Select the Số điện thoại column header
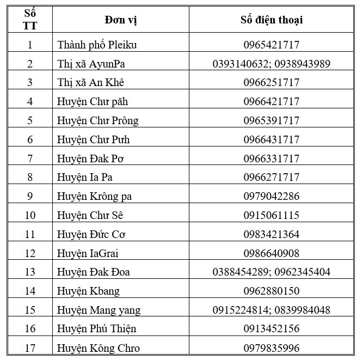click(271, 20)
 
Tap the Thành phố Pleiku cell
click(97, 45)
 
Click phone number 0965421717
click(271, 45)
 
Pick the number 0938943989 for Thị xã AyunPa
click(302, 64)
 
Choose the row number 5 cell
click(30, 120)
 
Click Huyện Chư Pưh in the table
click(93, 139)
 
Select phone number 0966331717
click(271, 158)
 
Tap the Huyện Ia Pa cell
click(85, 177)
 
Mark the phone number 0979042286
click(271, 196)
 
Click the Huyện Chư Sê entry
click(92, 215)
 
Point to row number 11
click(30, 234)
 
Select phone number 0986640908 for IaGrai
click(271, 253)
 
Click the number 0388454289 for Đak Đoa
click(241, 272)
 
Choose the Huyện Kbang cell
click(88, 291)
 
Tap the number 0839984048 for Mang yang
click(302, 310)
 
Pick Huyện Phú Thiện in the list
click(96, 328)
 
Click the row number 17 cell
click(30, 348)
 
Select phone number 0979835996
click(271, 348)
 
